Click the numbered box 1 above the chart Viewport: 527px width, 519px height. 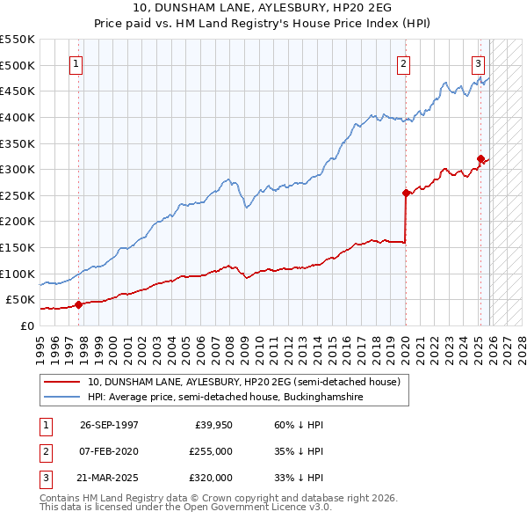(x=76, y=63)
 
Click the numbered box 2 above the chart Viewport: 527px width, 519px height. (x=403, y=63)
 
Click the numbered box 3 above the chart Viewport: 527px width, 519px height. (x=478, y=63)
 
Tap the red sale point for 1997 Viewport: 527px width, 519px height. (x=78, y=304)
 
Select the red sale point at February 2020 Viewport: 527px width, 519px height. (x=406, y=193)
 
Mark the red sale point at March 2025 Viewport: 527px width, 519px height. (x=480, y=159)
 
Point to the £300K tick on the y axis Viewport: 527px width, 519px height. (x=18, y=169)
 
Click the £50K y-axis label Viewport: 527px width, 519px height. (x=21, y=300)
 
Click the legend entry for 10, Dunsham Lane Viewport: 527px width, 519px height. (x=243, y=382)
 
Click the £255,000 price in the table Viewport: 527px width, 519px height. (x=210, y=451)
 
